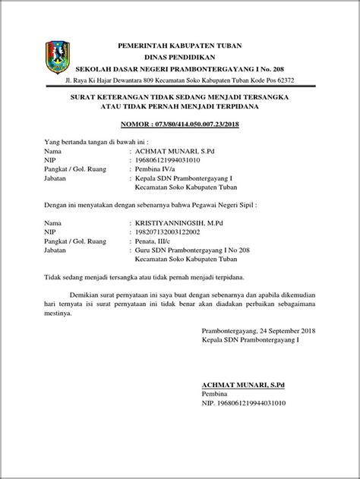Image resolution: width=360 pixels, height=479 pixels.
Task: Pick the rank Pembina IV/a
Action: tap(159, 172)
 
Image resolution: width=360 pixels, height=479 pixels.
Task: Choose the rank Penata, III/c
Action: tap(156, 244)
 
